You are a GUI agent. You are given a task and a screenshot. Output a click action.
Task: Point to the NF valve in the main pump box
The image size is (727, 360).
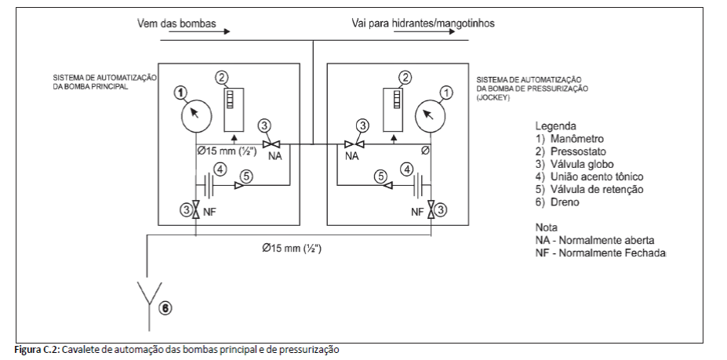pos(195,210)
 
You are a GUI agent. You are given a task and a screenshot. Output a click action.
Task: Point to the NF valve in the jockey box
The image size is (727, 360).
pos(431,210)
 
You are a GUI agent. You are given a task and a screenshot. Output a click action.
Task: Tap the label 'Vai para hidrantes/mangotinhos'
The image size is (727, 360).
pos(423,24)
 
